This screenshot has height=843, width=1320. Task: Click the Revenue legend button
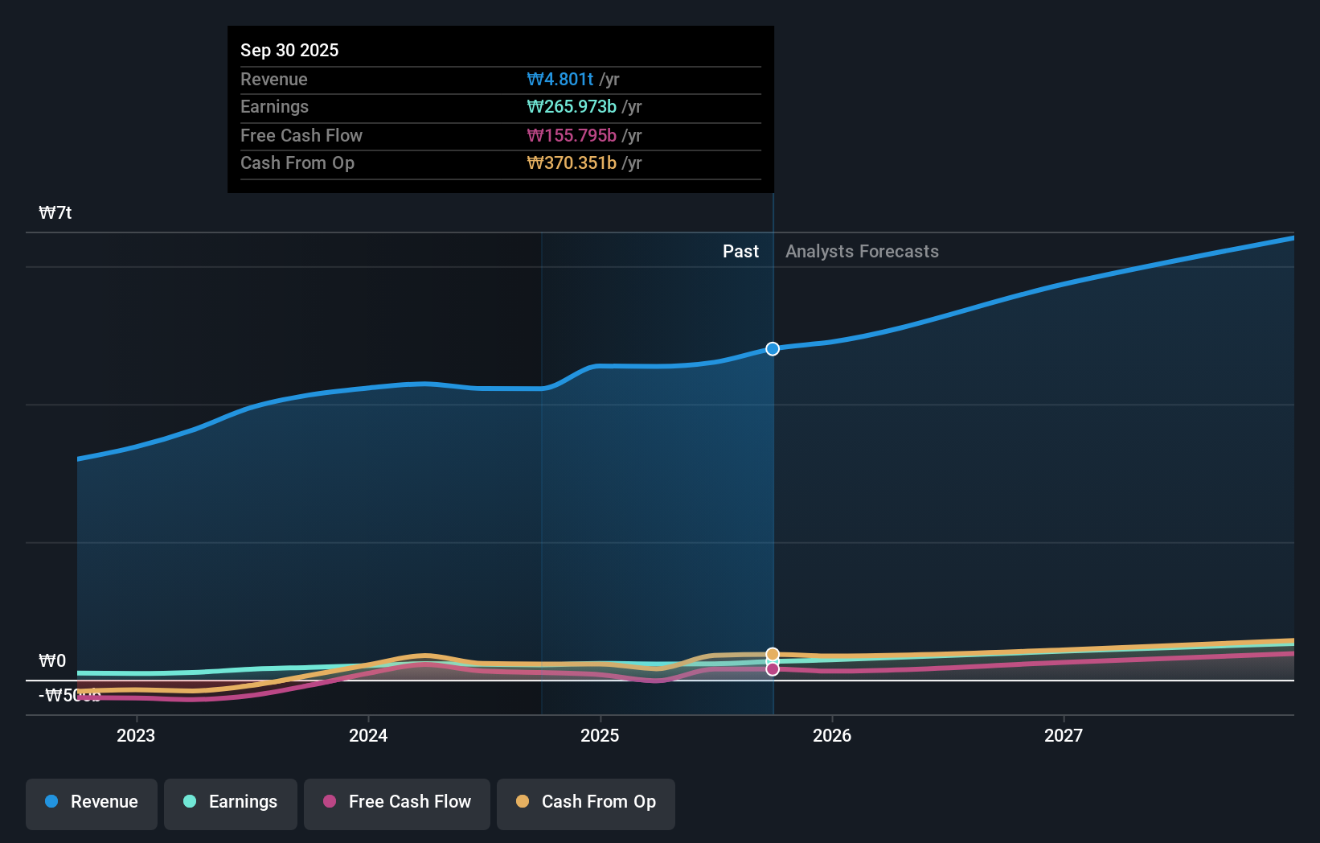(x=92, y=802)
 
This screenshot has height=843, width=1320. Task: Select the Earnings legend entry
(x=231, y=802)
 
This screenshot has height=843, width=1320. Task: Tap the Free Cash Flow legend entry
(x=397, y=802)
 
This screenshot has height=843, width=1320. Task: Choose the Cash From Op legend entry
(x=586, y=802)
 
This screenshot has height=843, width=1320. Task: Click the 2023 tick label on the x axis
(x=136, y=735)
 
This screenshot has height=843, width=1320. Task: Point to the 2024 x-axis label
(x=368, y=735)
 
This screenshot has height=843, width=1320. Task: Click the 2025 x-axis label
(x=600, y=735)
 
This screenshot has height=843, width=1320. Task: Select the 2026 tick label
(x=832, y=735)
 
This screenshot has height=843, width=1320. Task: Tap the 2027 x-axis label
(x=1064, y=735)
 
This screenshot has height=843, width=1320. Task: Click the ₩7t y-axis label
(x=55, y=213)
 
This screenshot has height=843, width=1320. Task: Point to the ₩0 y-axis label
(x=52, y=661)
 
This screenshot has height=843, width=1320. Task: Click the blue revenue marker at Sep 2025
(x=773, y=349)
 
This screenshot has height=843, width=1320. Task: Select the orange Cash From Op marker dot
(x=773, y=654)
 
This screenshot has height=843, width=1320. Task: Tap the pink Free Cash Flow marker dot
(x=773, y=669)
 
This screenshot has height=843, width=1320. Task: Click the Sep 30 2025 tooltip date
(x=289, y=51)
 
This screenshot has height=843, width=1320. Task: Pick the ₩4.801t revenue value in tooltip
(x=560, y=80)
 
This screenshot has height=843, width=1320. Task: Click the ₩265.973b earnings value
(x=572, y=107)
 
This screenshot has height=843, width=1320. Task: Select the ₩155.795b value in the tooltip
(x=572, y=136)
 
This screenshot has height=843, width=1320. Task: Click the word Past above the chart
(x=740, y=252)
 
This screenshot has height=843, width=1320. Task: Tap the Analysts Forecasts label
(x=862, y=252)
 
